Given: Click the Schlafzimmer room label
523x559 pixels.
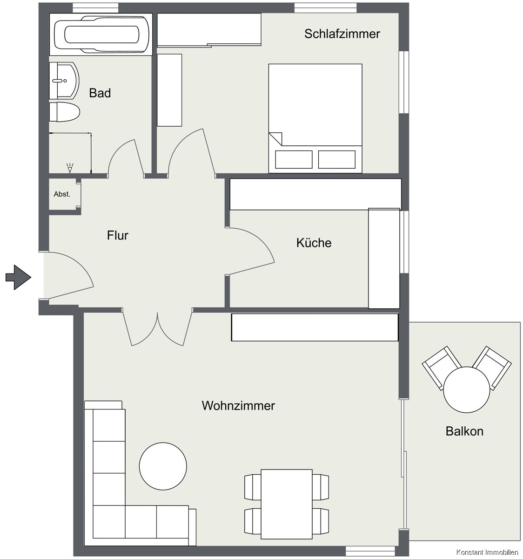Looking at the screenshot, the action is click(x=342, y=34).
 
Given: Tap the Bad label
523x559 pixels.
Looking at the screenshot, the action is click(x=100, y=93).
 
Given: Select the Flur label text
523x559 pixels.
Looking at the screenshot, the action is click(x=118, y=235).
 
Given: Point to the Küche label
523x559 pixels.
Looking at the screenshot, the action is click(x=314, y=242).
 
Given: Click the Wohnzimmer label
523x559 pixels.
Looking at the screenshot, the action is click(x=238, y=406).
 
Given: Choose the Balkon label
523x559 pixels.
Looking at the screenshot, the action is click(x=464, y=431).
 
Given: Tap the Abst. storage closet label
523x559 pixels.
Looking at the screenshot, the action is click(x=62, y=194).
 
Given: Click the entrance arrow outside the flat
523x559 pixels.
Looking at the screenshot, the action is click(x=18, y=277).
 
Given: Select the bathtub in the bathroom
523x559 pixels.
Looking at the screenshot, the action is click(x=101, y=34).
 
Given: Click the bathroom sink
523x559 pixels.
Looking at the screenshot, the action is click(x=64, y=81).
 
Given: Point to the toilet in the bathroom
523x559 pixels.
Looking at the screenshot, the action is click(x=64, y=112).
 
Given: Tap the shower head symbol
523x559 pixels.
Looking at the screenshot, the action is click(x=70, y=168).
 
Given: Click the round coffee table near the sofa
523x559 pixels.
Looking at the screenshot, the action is click(x=163, y=466).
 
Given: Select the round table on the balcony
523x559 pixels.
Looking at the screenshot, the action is click(x=467, y=390).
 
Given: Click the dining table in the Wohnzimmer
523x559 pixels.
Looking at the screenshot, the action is click(x=287, y=504).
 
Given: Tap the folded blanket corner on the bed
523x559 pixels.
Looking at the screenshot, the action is click(x=275, y=139).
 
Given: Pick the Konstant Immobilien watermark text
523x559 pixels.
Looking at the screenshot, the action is click(x=487, y=552).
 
